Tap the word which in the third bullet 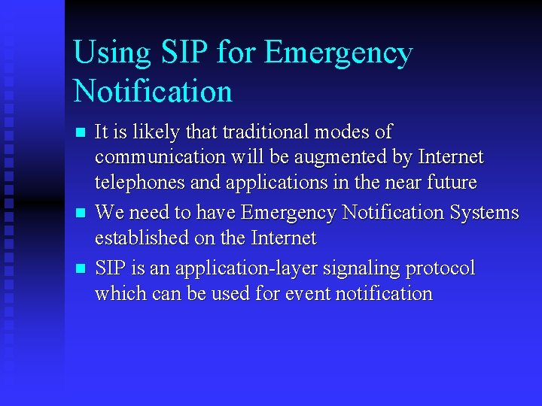point(117,293)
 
